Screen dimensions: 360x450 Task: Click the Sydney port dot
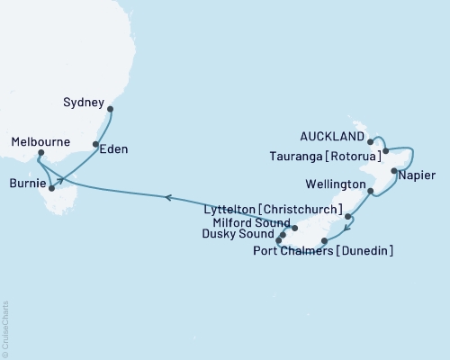pos(111,110)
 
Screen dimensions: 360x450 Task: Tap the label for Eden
pos(112,148)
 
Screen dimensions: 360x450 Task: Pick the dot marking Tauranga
pos(385,151)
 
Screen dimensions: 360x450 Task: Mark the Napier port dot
pos(393,170)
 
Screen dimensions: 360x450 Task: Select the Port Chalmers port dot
pos(324,241)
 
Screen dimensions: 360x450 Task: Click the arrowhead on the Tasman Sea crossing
pos(166,195)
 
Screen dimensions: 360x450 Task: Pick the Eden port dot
pos(95,144)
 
